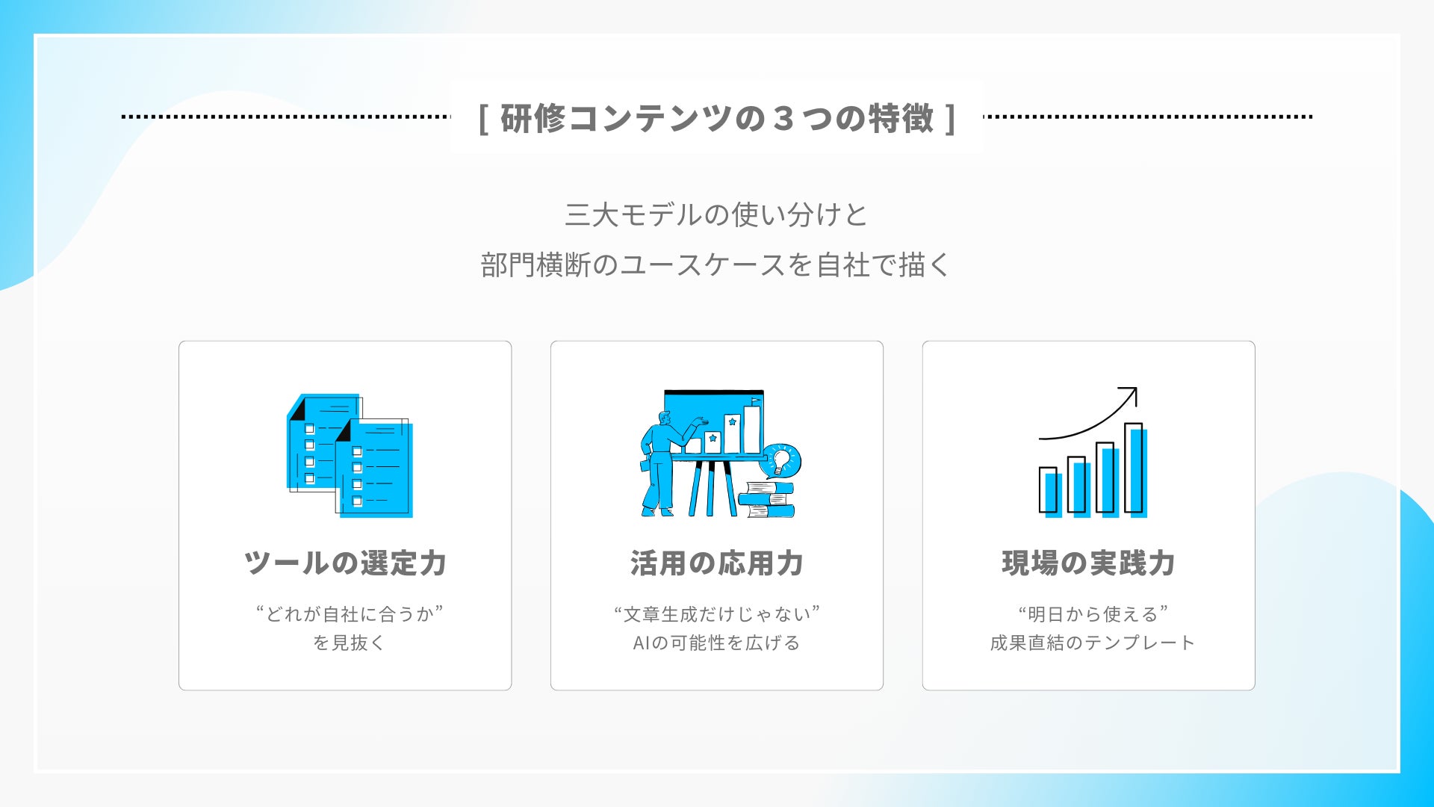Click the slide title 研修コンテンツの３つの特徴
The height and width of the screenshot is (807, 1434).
[717, 118]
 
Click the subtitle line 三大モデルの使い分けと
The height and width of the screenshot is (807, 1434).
[716, 215]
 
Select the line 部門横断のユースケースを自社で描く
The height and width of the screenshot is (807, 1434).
[716, 265]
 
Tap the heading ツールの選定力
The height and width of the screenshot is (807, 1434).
[345, 563]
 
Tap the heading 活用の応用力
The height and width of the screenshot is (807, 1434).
[717, 563]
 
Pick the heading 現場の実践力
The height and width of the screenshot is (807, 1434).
[1089, 563]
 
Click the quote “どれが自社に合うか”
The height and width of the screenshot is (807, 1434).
[349, 614]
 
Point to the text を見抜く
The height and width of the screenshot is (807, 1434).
[349, 643]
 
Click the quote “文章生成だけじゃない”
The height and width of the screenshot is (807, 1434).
[717, 614]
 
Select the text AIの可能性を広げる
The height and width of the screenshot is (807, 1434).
[717, 643]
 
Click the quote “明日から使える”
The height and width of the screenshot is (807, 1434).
[1093, 614]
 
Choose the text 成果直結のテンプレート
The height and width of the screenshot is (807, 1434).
[1093, 643]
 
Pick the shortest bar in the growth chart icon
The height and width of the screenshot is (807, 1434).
[1049, 492]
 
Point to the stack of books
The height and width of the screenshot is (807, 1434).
[766, 499]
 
